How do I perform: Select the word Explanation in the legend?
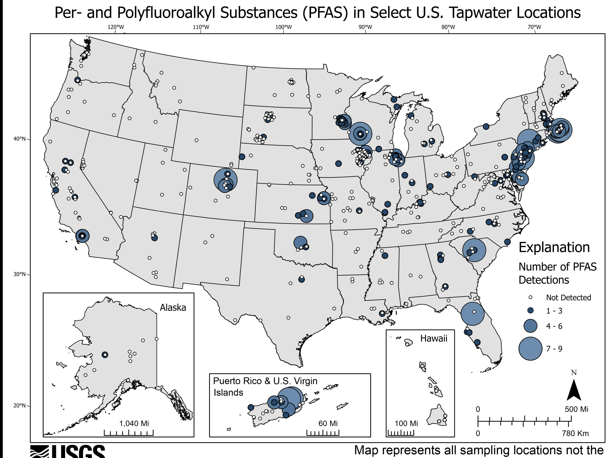tap(554, 247)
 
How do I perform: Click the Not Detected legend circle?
tap(530, 297)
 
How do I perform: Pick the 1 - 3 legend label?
tap(554, 311)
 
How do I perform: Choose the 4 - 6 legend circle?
tap(530, 326)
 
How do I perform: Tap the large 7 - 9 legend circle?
tap(530, 348)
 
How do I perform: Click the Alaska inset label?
tap(173, 308)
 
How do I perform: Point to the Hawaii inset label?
tap(434, 338)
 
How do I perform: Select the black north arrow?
tap(574, 390)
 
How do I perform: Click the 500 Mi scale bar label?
tap(576, 409)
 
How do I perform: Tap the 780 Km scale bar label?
tap(575, 433)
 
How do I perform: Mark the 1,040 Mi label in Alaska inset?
tap(134, 423)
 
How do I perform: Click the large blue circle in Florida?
tap(473, 314)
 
